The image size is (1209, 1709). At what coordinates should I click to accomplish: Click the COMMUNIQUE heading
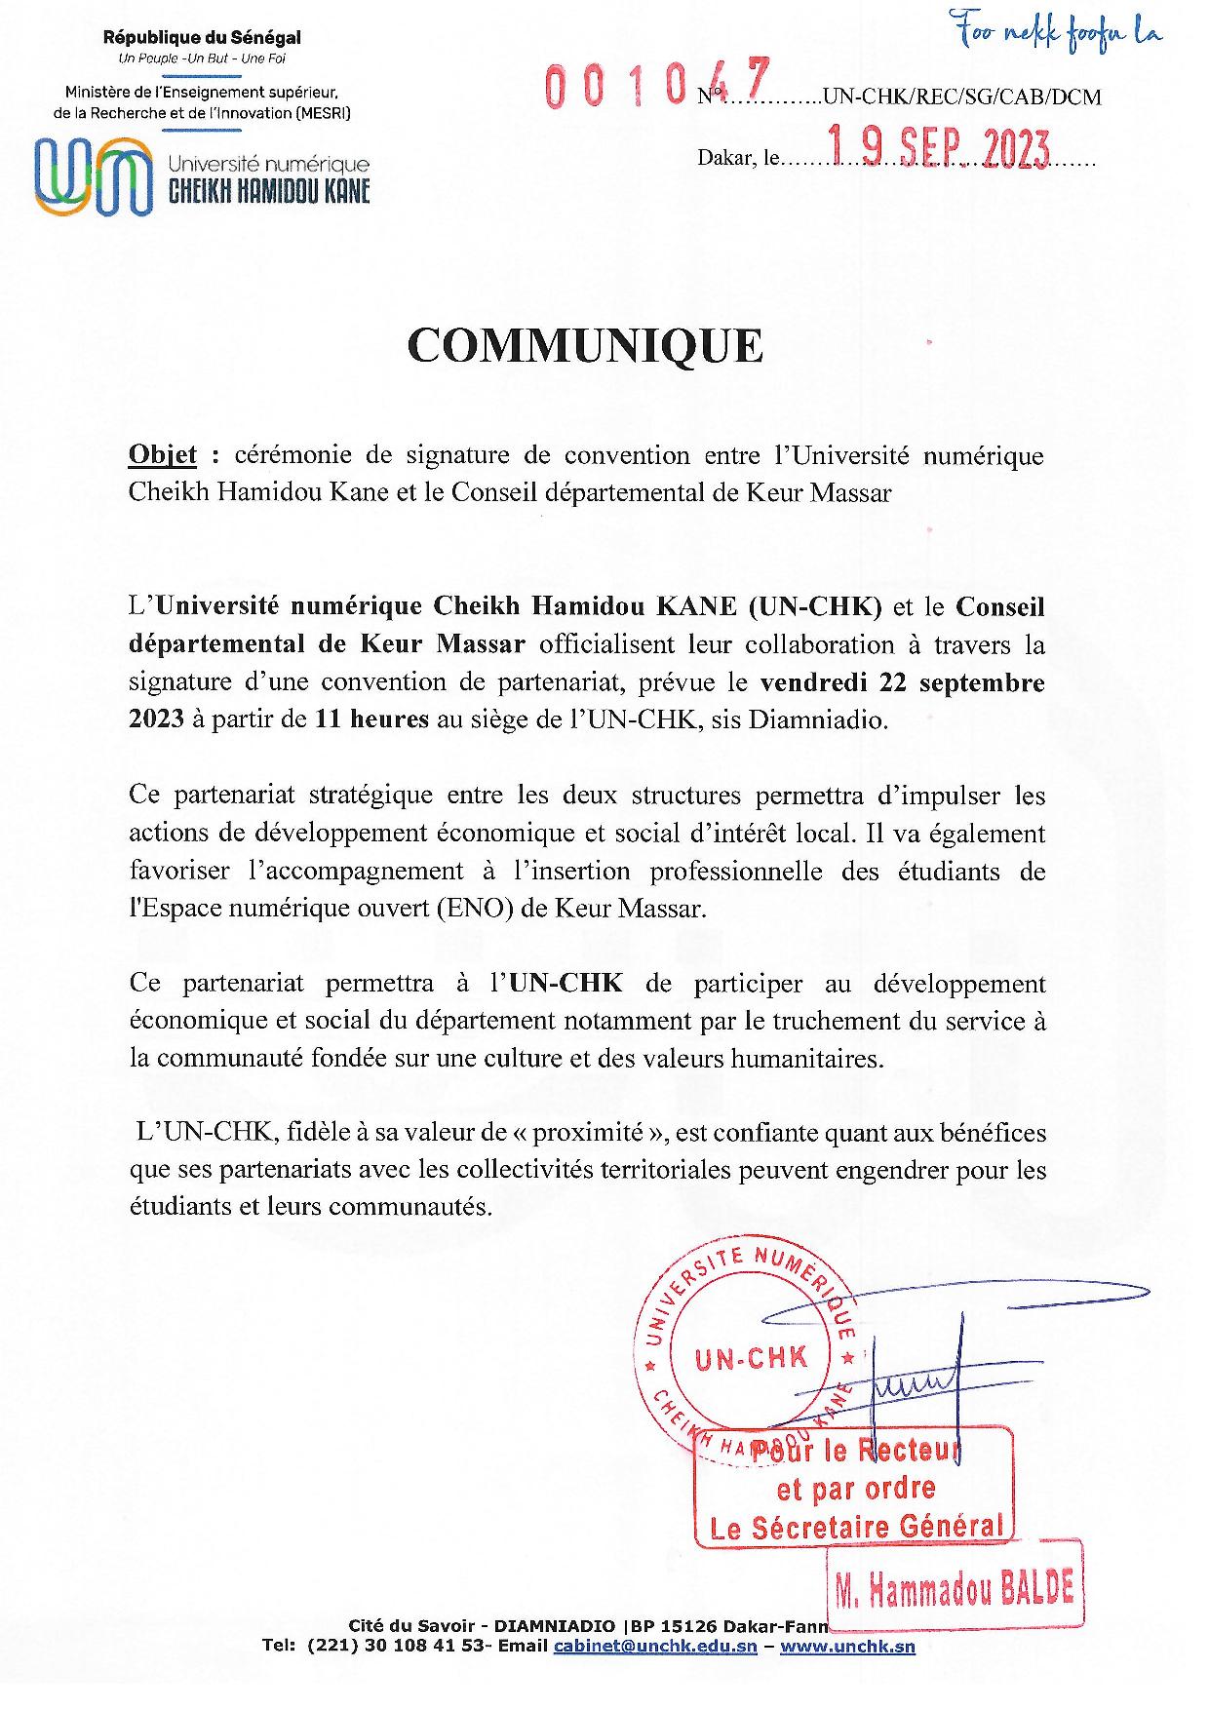585,346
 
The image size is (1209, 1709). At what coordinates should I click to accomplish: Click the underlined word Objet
162,455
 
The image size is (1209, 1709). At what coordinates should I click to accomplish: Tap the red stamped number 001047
657,84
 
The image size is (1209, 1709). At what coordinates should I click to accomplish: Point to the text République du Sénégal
202,38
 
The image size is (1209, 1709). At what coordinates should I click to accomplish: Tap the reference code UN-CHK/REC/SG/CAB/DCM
961,97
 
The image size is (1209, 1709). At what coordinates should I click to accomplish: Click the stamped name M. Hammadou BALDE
955,1592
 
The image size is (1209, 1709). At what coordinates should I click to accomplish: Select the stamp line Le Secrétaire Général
856,1527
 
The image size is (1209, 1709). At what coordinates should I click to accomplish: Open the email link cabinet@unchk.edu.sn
655,1647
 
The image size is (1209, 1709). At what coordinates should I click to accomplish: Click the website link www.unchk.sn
847,1647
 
